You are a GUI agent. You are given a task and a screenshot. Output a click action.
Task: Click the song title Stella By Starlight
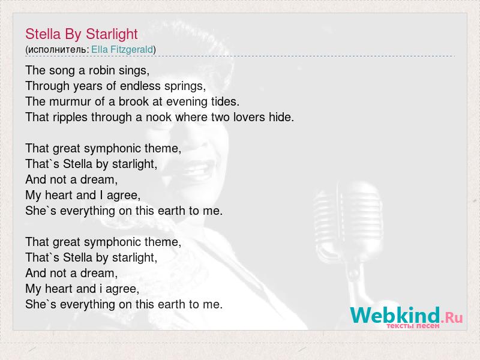click(x=82, y=34)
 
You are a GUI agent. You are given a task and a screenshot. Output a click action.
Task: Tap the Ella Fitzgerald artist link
click(x=122, y=49)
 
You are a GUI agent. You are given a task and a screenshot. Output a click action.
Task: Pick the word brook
click(x=133, y=101)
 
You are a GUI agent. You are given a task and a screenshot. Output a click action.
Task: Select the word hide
click(x=281, y=117)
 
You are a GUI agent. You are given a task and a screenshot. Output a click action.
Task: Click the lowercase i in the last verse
click(x=101, y=289)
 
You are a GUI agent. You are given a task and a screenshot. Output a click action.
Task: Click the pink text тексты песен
click(x=413, y=326)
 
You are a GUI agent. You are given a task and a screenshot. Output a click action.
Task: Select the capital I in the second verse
click(x=101, y=195)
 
